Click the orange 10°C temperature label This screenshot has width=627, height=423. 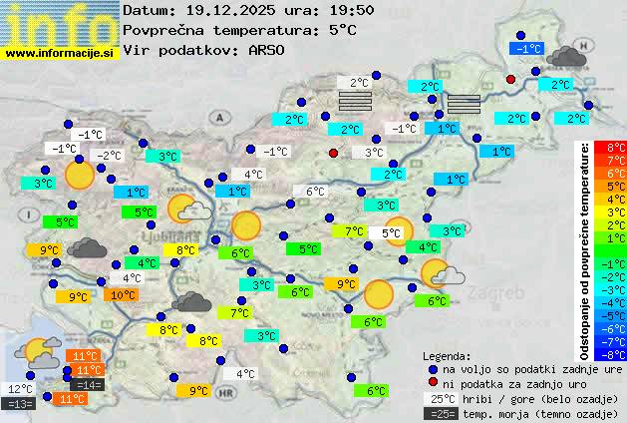(123, 295)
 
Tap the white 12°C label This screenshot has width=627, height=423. (20, 389)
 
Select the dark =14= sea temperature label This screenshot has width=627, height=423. (89, 384)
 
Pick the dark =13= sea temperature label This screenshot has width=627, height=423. (20, 403)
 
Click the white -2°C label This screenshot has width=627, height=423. (109, 155)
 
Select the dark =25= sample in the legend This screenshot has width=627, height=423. (443, 413)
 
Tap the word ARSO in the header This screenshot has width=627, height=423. (267, 49)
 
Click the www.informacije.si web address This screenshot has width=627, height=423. (60, 53)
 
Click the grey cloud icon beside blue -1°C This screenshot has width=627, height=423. (566, 56)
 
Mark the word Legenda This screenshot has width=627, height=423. (448, 356)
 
